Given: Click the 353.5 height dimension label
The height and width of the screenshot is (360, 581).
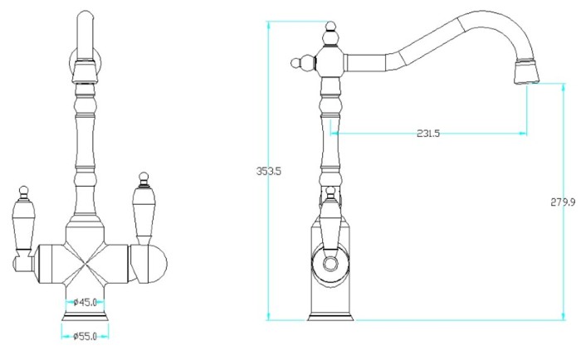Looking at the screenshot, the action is tap(269, 171).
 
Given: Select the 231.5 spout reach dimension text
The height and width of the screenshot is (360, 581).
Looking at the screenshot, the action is tap(428, 134).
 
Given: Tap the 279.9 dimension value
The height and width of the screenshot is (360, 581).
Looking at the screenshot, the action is tap(563, 202).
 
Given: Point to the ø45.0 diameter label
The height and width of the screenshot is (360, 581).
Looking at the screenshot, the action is tap(85, 303).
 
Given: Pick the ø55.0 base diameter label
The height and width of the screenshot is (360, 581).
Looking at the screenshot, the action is tap(85, 336).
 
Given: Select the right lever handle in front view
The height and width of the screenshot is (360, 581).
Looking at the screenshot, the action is tap(144, 209).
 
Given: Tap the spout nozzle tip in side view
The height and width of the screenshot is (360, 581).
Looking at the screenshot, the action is tap(526, 71).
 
